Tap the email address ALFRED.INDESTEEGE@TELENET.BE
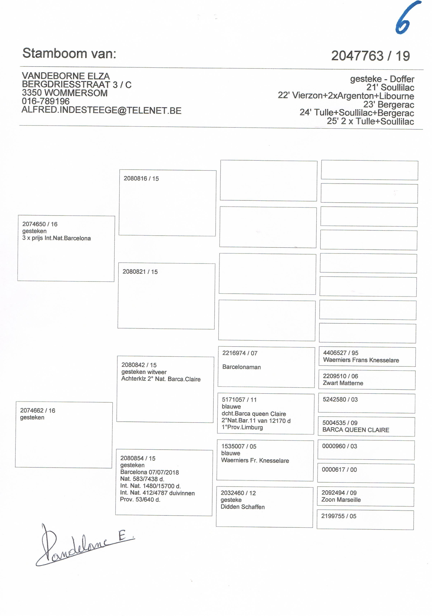(x=101, y=110)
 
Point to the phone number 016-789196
(x=46, y=101)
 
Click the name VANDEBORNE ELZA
(x=66, y=76)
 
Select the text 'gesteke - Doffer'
(x=382, y=79)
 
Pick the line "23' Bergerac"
(x=389, y=104)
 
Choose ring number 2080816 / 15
(x=141, y=178)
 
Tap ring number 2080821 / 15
(x=140, y=271)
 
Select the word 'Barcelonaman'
(x=242, y=367)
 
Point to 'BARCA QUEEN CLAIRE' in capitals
(x=356, y=430)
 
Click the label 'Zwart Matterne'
(x=343, y=383)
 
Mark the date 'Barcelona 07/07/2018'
(x=149, y=472)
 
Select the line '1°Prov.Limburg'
(x=242, y=427)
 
